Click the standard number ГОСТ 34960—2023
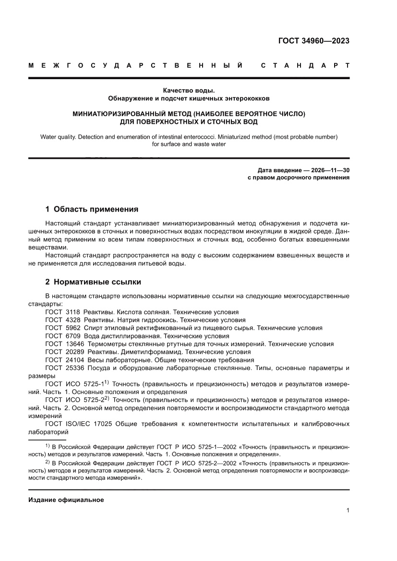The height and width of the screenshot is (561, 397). pos(313,41)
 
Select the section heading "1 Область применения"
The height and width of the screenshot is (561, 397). pos(92,209)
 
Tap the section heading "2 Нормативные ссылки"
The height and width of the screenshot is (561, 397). pos(93,282)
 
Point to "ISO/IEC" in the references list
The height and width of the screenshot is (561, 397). pos(77,424)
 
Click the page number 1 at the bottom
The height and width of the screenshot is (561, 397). pos(347,511)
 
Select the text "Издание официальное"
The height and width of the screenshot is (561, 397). pos(66,500)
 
